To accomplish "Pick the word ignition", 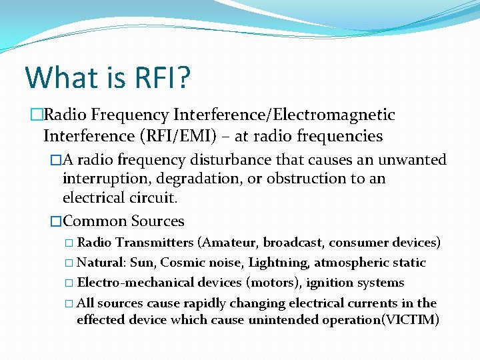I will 329,283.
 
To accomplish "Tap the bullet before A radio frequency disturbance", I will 55,161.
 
